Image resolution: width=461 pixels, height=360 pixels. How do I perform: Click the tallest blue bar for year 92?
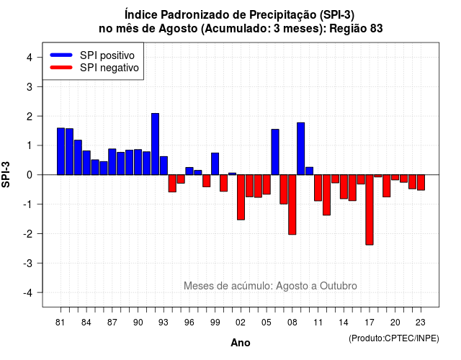(156, 144)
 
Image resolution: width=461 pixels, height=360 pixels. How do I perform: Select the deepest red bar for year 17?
(370, 210)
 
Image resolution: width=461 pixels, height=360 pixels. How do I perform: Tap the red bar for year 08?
(292, 204)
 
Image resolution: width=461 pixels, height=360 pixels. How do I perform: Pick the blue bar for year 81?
(61, 151)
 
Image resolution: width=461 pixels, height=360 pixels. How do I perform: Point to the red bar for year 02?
(241, 197)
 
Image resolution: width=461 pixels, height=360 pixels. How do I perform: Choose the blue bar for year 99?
(215, 163)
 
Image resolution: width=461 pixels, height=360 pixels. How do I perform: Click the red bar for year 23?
(421, 182)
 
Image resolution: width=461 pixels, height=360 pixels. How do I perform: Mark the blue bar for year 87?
(112, 161)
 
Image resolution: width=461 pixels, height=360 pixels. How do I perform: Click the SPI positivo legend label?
(107, 55)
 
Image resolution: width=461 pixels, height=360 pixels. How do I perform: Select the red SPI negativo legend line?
(61, 68)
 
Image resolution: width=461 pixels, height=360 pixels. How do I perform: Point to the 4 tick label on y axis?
(30, 58)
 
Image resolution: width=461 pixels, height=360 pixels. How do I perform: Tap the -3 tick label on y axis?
(28, 263)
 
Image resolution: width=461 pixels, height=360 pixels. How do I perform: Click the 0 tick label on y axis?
(30, 175)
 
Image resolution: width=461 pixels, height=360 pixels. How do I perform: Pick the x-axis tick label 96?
(189, 323)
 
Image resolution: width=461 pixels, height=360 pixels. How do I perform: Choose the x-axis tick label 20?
(395, 323)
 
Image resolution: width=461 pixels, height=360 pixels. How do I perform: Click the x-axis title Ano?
(241, 343)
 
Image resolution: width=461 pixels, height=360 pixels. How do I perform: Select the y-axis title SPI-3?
(6, 174)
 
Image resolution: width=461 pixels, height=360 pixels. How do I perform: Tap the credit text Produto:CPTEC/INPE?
(394, 338)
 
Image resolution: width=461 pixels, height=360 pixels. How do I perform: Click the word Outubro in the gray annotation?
(339, 286)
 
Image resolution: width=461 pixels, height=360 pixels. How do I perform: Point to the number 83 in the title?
(377, 29)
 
